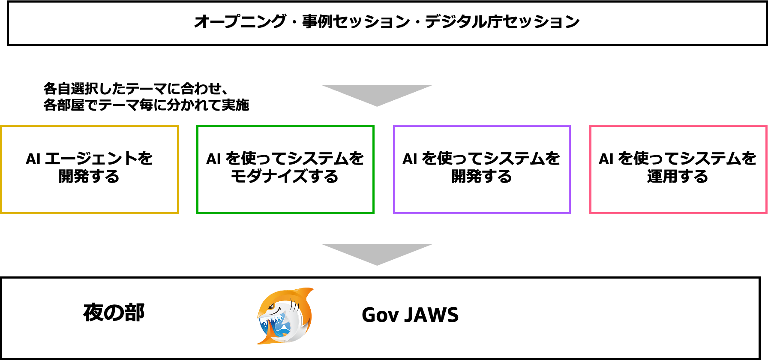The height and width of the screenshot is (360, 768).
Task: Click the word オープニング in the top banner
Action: pos(240,21)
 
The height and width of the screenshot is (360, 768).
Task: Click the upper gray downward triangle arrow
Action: pos(377,95)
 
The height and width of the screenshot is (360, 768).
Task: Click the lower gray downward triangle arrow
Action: pos(377,255)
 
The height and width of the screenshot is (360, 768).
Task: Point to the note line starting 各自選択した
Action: pos(135,89)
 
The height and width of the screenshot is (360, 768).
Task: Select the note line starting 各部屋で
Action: pos(146,105)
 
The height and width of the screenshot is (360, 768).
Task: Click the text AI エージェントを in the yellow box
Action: pos(89,159)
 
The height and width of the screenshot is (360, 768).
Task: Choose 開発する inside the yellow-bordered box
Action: pos(89,177)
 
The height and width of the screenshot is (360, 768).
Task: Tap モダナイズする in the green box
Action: pos(285,177)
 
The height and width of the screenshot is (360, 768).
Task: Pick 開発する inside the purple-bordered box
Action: pos(482,177)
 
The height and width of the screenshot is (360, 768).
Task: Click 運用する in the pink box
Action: pos(678,177)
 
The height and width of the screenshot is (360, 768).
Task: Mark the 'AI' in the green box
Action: pos(213,159)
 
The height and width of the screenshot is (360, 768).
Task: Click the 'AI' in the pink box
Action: pos(606,159)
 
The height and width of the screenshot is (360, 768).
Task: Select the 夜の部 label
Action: pos(114,312)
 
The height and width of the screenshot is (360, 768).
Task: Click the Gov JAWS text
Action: pos(410,315)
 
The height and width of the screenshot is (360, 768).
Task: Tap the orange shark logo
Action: pos(285,316)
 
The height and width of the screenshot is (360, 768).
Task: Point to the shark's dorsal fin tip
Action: pos(312,289)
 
